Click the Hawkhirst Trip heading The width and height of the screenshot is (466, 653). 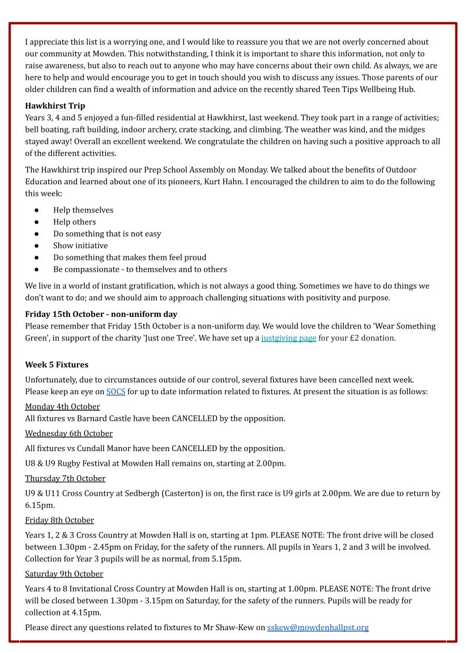[55, 106]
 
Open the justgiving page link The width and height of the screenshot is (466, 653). [289, 338]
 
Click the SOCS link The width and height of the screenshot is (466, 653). [116, 391]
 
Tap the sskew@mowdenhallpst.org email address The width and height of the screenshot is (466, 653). [318, 628]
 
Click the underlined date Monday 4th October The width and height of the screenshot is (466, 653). [62, 407]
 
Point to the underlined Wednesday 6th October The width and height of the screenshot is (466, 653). [69, 434]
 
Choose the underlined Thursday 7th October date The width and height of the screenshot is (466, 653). [65, 478]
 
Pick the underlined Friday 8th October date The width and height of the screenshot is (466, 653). [59, 520]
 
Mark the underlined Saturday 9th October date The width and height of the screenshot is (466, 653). [64, 574]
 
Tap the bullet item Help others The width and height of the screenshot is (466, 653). [75, 222]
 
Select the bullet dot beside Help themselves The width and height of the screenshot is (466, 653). [37, 210]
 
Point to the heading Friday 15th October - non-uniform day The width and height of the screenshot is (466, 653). [101, 314]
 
